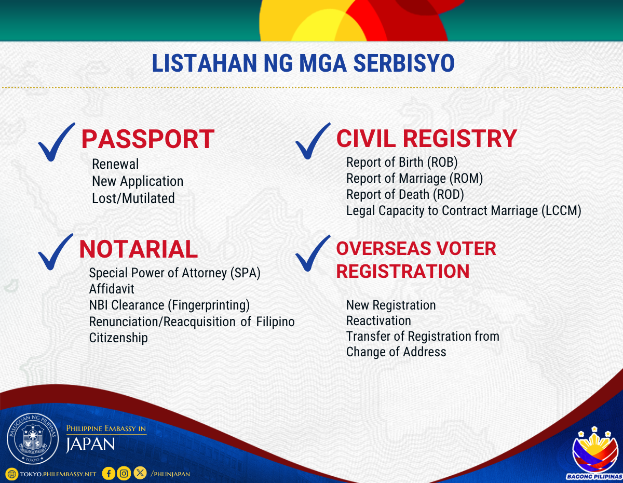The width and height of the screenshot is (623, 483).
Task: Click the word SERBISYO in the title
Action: click(404, 63)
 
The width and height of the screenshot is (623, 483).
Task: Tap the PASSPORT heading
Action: click(148, 139)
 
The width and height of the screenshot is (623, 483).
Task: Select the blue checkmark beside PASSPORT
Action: click(57, 142)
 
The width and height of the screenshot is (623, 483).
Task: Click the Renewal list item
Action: click(115, 164)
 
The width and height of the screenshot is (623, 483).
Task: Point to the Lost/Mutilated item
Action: click(133, 198)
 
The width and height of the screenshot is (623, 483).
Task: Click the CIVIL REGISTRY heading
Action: click(427, 139)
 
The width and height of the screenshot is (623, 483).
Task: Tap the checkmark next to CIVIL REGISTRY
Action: click(313, 141)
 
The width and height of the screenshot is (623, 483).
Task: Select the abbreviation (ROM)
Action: click(466, 179)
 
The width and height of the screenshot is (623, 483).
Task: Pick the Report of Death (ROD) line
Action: click(405, 194)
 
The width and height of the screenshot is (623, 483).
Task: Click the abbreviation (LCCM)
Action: click(561, 210)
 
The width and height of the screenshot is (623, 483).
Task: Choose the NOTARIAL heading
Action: click(139, 249)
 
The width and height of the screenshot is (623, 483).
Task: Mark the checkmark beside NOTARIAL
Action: click(56, 252)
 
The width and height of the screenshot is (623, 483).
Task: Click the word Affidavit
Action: click(112, 289)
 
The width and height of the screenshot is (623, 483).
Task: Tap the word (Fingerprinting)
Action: click(209, 305)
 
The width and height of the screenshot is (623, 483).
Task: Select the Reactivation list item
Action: click(378, 320)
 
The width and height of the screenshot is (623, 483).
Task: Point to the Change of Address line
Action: click(396, 352)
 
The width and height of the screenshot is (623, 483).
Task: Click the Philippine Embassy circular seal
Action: click(33, 439)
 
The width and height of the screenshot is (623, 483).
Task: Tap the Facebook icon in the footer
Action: click(109, 474)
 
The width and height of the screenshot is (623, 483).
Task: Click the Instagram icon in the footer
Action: click(124, 474)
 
